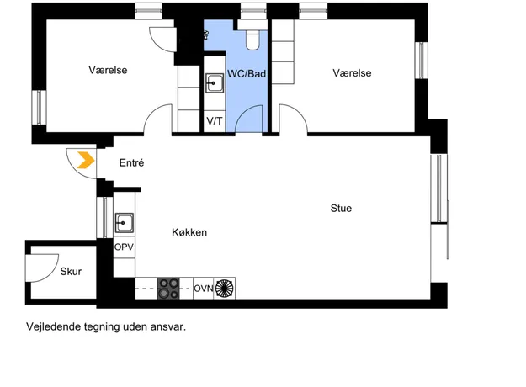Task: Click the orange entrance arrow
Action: (x=86, y=160)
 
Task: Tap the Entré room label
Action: (x=132, y=163)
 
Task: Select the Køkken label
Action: (x=189, y=232)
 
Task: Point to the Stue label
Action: (x=341, y=209)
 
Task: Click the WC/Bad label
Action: (x=247, y=73)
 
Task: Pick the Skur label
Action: (x=71, y=271)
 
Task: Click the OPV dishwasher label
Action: (x=124, y=247)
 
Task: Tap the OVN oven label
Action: (x=204, y=289)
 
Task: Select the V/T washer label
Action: (x=215, y=121)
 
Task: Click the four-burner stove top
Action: (x=168, y=288)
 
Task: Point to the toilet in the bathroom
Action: (x=252, y=40)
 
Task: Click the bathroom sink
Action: (x=215, y=83)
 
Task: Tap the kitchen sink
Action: (x=124, y=223)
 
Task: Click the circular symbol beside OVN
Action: (x=224, y=289)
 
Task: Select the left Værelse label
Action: (x=108, y=70)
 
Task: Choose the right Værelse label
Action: (x=353, y=73)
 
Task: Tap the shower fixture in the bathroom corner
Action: (x=206, y=35)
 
